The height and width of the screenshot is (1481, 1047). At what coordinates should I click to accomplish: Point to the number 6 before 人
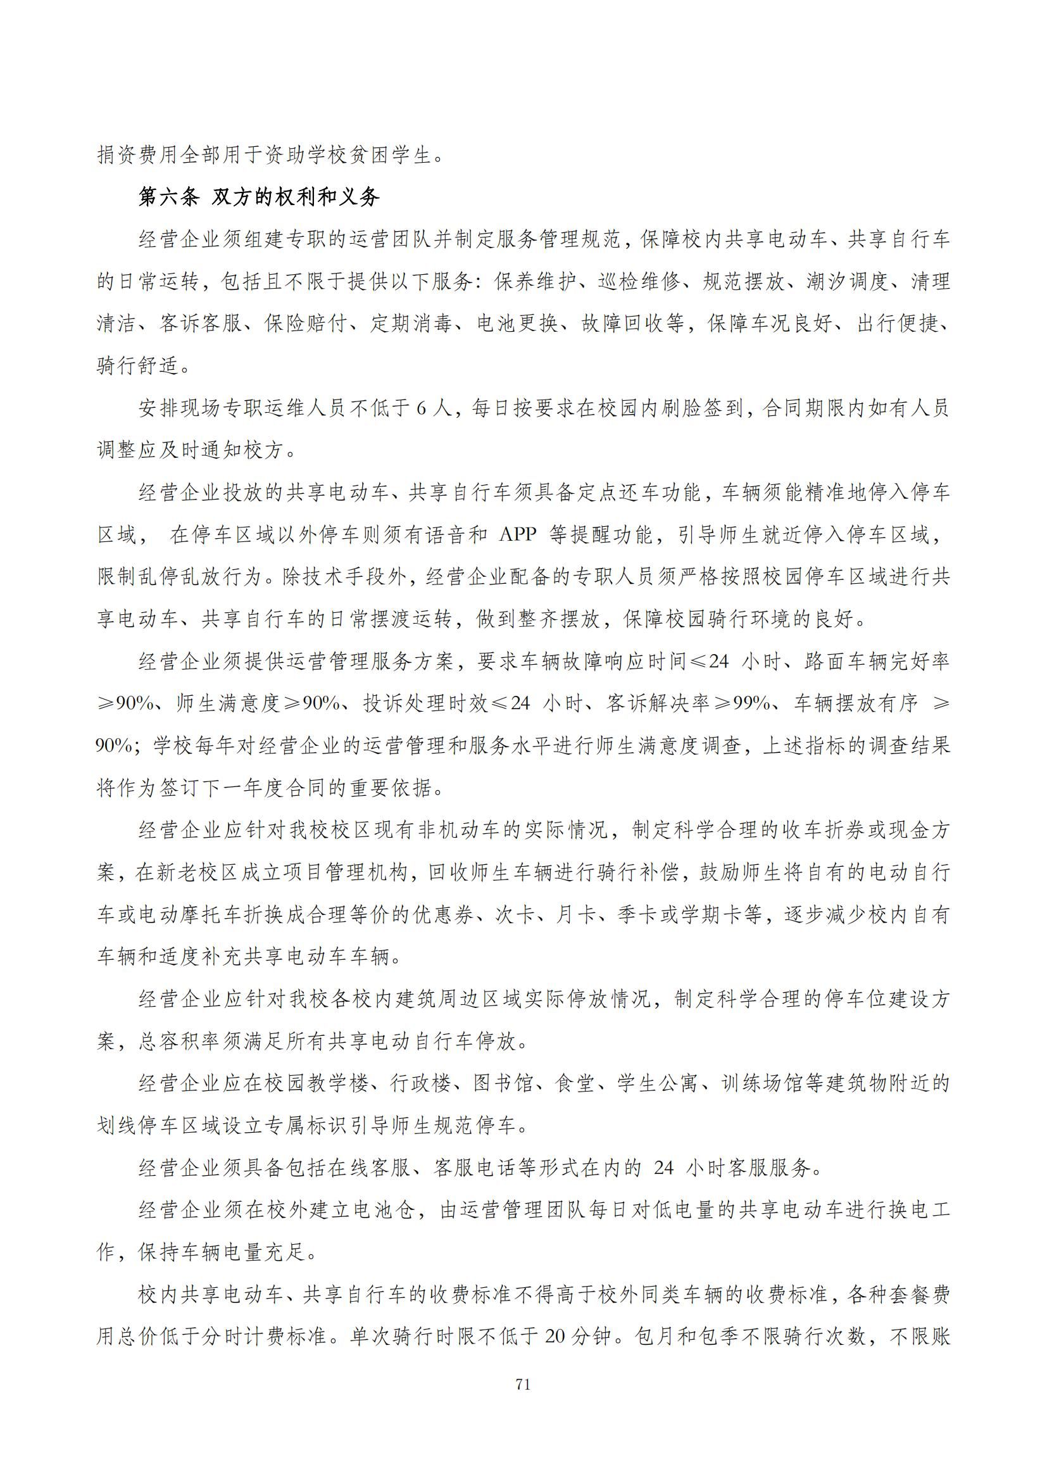point(421,408)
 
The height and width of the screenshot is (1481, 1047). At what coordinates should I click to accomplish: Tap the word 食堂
point(574,1083)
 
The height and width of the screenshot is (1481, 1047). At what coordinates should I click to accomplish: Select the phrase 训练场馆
point(762,1083)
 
